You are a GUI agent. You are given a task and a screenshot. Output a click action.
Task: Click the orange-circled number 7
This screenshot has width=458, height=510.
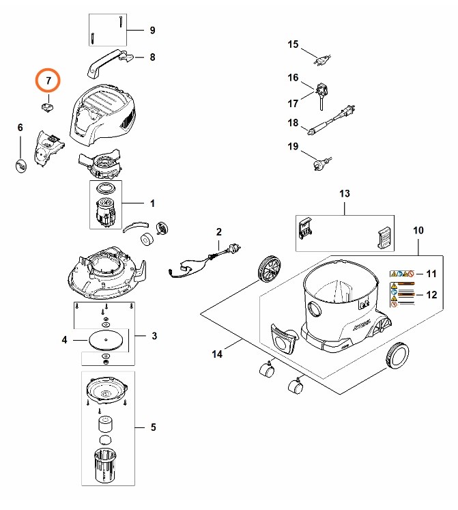pyautogui.click(x=48, y=81)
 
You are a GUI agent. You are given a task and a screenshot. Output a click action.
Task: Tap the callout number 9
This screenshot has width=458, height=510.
pyautogui.click(x=152, y=30)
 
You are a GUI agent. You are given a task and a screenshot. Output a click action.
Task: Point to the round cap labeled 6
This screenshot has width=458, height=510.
pyautogui.click(x=21, y=164)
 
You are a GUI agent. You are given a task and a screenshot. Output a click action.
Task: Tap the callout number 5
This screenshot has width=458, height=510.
pyautogui.click(x=153, y=427)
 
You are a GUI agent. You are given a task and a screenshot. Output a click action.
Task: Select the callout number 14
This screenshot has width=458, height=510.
pyautogui.click(x=217, y=354)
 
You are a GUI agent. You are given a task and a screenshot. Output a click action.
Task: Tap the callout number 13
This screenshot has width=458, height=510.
pyautogui.click(x=345, y=194)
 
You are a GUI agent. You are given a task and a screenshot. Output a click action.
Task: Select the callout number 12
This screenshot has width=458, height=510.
pyautogui.click(x=431, y=295)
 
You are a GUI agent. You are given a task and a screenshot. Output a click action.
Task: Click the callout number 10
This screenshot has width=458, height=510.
pyautogui.click(x=418, y=231)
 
